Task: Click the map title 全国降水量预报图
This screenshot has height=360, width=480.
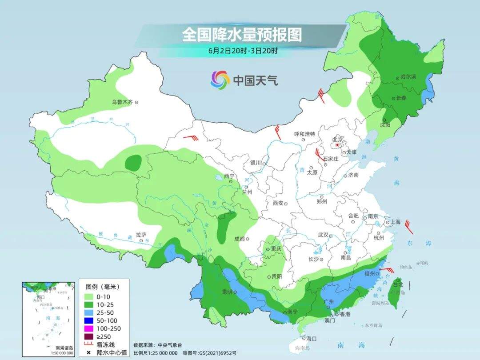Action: click(241, 35)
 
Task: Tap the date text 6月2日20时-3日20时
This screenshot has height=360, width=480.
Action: click(243, 51)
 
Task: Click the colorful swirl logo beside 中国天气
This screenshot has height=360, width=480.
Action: click(220, 80)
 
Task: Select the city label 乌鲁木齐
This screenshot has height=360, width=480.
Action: click(122, 102)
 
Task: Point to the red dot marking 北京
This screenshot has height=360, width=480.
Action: click(337, 145)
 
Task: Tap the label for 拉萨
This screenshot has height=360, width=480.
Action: click(141, 235)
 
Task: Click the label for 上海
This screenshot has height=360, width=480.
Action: click(395, 222)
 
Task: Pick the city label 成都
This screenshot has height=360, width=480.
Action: click(239, 239)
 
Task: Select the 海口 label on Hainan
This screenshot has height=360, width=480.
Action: click(312, 339)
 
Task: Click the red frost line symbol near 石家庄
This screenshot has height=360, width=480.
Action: click(319, 154)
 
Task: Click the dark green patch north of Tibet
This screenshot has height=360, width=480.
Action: click(133, 163)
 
